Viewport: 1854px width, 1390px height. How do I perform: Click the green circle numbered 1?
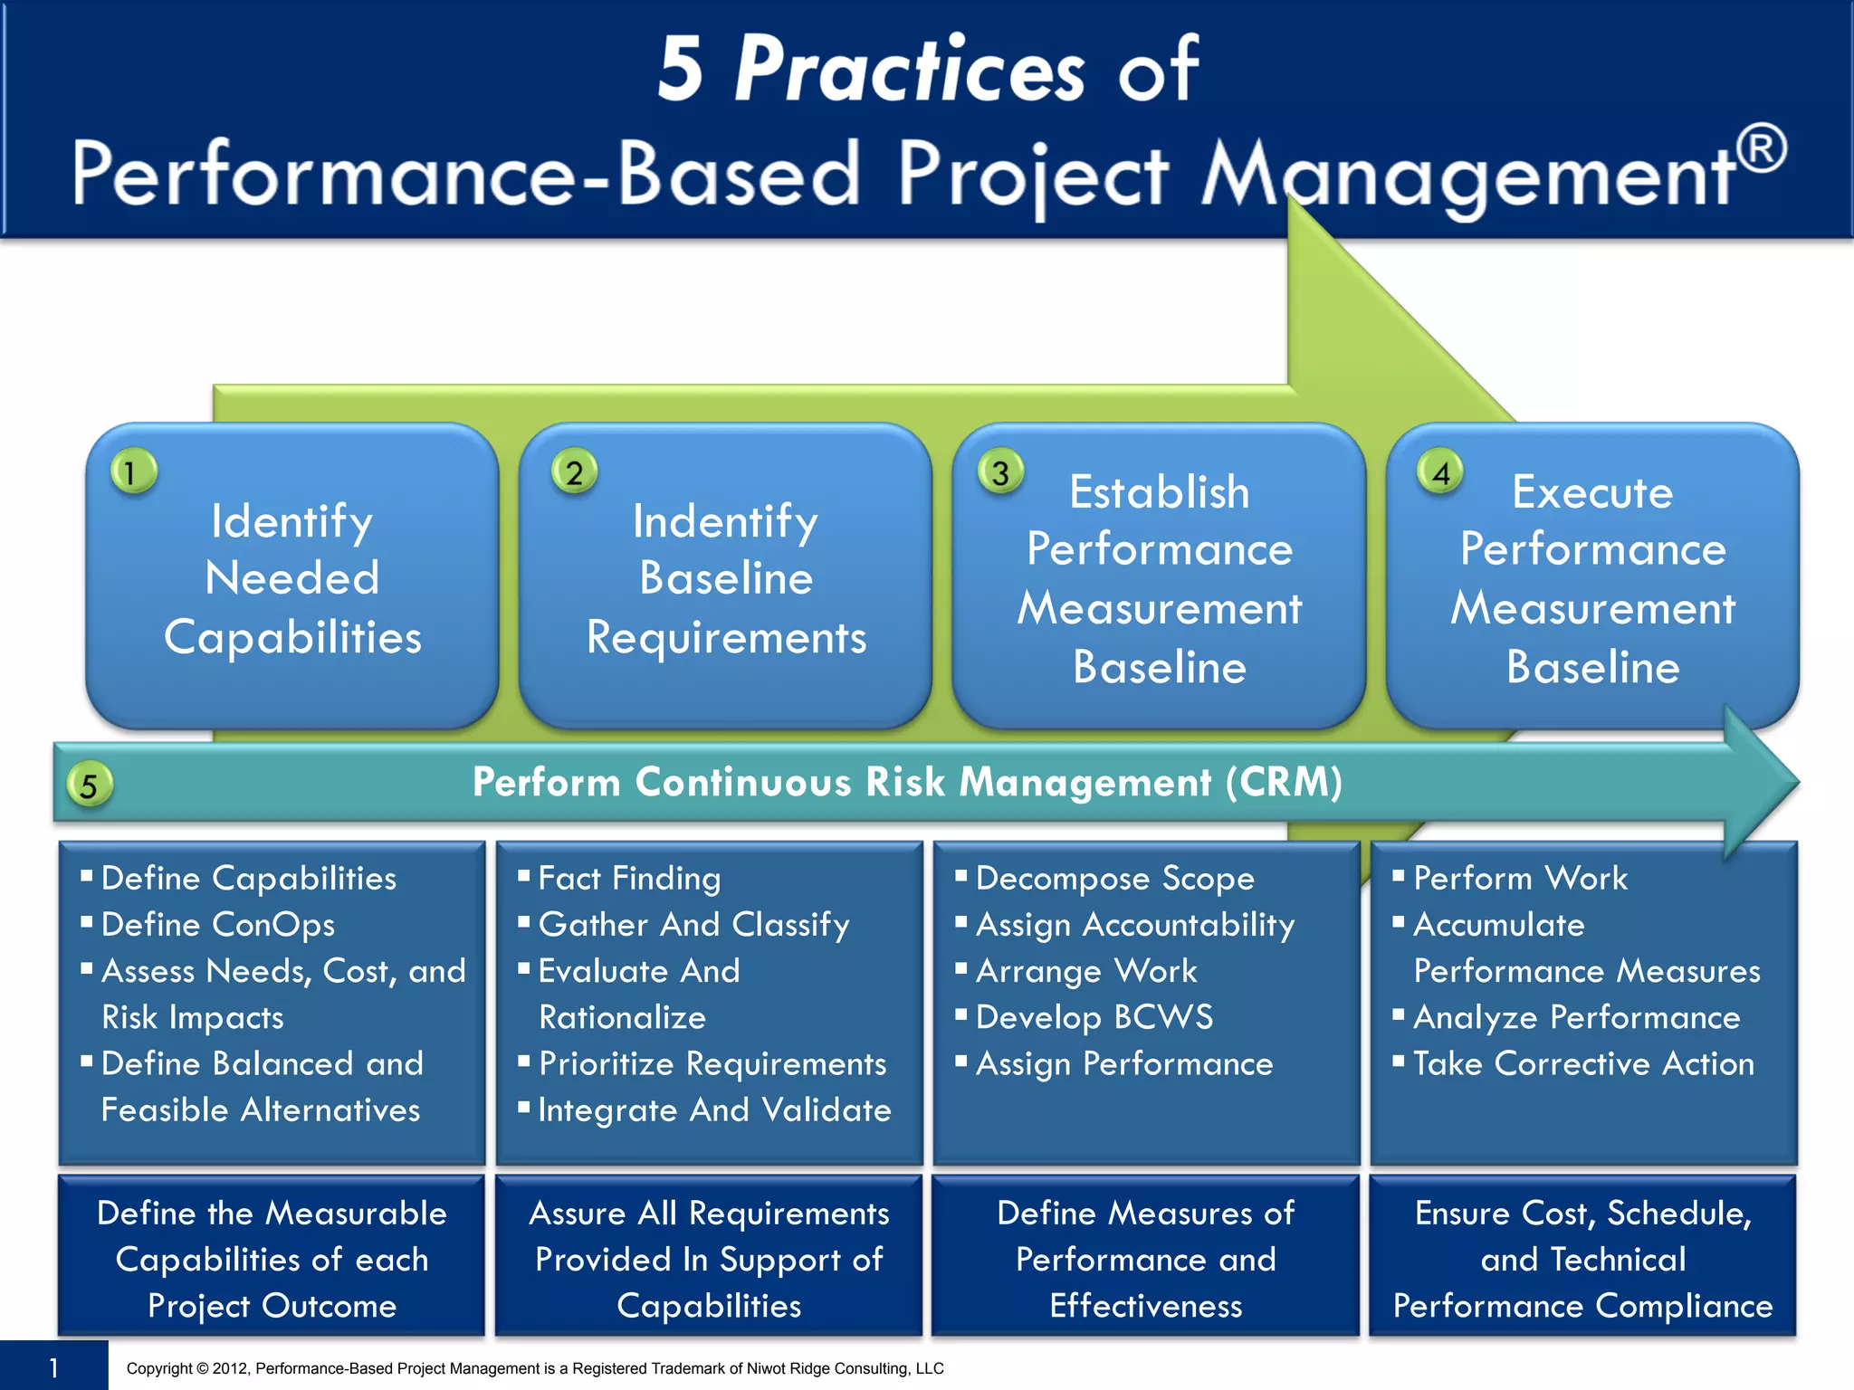pyautogui.click(x=133, y=471)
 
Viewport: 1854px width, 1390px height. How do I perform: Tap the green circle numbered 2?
pyautogui.click(x=574, y=471)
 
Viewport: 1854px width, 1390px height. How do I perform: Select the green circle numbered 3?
pyautogui.click(x=1000, y=471)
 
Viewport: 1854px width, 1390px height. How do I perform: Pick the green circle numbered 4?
pyautogui.click(x=1440, y=471)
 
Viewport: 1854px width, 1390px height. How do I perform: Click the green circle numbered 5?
pyautogui.click(x=89, y=785)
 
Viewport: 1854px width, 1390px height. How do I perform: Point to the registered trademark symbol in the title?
pyautogui.click(x=1762, y=148)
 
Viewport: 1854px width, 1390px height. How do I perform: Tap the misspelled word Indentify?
pyautogui.click(x=725, y=521)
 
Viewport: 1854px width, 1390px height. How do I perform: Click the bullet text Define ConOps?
pyautogui.click(x=217, y=924)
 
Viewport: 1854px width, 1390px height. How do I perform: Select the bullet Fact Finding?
pyautogui.click(x=629, y=878)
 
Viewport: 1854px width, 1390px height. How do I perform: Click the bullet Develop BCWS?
pyautogui.click(x=1094, y=1017)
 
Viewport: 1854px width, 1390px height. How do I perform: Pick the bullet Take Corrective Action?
pyautogui.click(x=1583, y=1063)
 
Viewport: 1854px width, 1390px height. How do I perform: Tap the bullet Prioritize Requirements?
pyautogui.click(x=712, y=1063)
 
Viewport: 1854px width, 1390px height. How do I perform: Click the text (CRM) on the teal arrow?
pyautogui.click(x=1284, y=782)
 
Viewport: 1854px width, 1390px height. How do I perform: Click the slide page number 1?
pyautogui.click(x=53, y=1367)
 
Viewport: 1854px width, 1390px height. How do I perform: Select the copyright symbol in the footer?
pyautogui.click(x=203, y=1368)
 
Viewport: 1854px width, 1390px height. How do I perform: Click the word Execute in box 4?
pyautogui.click(x=1592, y=492)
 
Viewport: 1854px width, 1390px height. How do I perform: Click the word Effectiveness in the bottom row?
pyautogui.click(x=1146, y=1305)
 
